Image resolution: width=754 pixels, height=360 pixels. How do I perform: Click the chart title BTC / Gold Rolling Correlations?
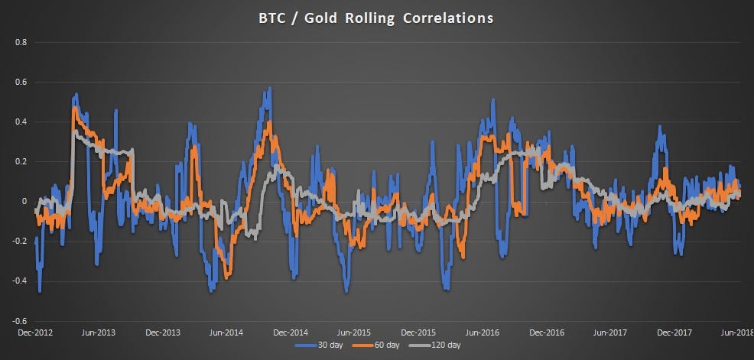point(376,18)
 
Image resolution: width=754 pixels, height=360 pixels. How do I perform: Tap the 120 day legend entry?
point(443,345)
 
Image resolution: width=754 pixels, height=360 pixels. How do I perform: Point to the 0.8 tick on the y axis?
point(21,42)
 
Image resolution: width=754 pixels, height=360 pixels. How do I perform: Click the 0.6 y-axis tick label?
point(21,82)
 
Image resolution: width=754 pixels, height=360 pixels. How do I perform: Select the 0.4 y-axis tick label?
point(21,122)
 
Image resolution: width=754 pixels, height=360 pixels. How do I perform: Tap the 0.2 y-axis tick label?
point(21,161)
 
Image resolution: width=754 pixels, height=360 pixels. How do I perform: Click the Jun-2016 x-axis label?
point(483,332)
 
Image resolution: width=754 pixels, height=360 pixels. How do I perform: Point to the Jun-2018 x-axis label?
point(736,332)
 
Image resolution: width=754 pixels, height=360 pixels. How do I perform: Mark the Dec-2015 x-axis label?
point(418,332)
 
